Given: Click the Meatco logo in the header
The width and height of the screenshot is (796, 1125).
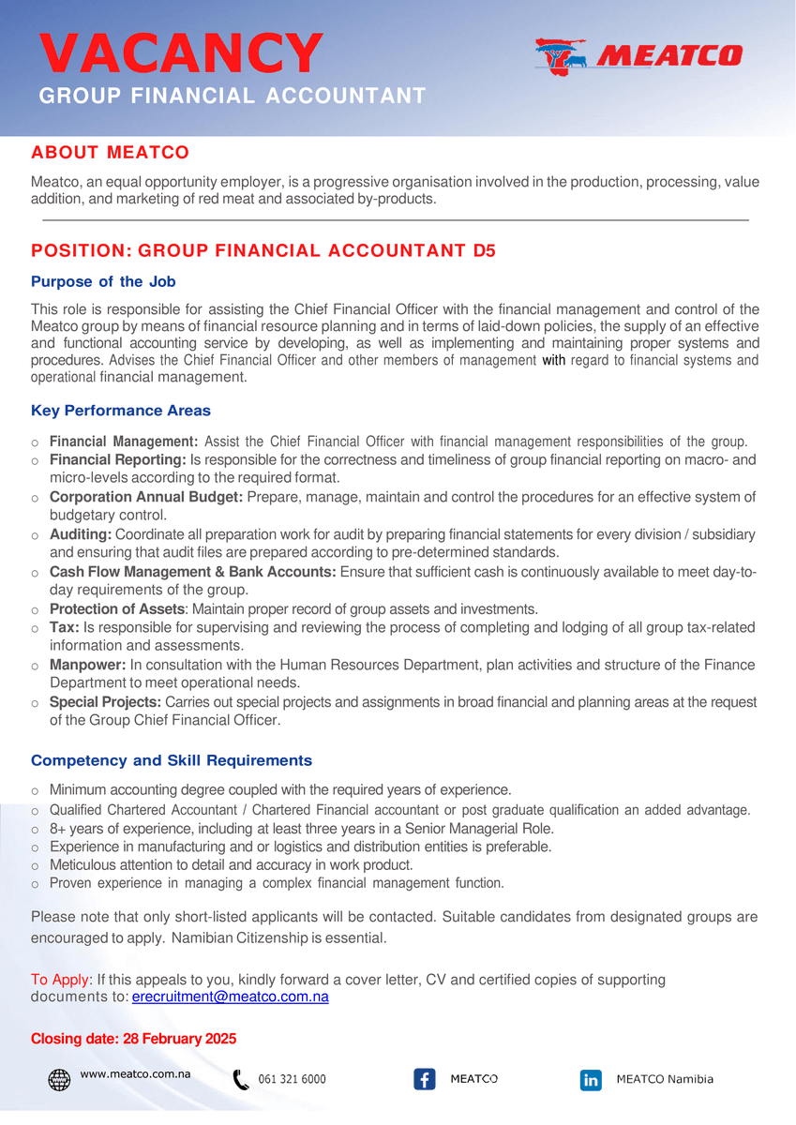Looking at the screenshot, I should pos(638,56).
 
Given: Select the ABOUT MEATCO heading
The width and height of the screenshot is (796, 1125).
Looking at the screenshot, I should pos(110,152).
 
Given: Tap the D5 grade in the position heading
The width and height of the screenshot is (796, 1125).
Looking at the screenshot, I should pos(483,250).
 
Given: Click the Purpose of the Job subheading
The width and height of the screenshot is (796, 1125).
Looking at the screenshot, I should pos(103,281).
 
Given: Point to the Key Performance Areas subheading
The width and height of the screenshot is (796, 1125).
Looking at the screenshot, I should pos(121,411).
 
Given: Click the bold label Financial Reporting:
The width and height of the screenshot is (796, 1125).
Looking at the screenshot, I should pos(118,460).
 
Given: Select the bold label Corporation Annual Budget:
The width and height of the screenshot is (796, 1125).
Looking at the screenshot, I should pos(146,497).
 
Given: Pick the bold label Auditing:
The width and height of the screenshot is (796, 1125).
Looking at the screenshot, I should pos(81,534).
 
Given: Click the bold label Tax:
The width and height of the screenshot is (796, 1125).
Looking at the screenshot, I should pos(65,627).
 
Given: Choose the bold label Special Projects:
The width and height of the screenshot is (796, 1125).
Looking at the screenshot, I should pos(105,702).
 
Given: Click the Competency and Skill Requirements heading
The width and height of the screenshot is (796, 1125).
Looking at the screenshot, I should pos(172,760).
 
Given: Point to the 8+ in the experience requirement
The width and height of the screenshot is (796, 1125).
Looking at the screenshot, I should pos(58,829).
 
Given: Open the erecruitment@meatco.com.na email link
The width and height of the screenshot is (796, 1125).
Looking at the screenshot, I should pos(230,997).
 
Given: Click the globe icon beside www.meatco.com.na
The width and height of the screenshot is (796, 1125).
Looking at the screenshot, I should pos(59,1079).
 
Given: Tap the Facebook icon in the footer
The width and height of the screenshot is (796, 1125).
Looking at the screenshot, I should pos(424,1079).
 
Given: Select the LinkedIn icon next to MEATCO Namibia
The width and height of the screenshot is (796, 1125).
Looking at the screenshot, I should pos(591,1080).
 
